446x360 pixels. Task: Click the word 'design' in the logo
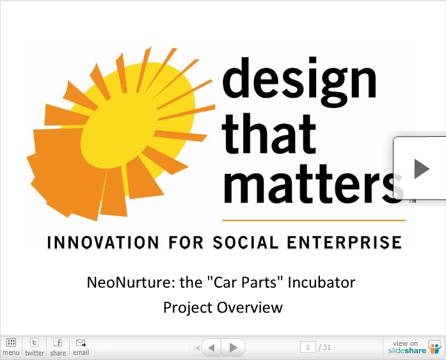(299, 82)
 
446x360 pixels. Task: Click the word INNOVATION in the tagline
(103, 242)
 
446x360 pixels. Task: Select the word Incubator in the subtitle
(321, 283)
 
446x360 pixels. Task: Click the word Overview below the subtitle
(250, 308)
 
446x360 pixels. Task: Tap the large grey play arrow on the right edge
(422, 169)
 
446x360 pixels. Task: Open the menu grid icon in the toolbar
(11, 342)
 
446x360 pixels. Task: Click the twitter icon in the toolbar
(35, 342)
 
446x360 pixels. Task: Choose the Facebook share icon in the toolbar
(58, 342)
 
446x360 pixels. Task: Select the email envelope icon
(81, 343)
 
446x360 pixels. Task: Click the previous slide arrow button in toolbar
(211, 347)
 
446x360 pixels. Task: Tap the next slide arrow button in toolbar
(234, 347)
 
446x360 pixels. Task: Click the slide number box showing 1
(308, 347)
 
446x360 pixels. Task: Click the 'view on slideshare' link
(415, 347)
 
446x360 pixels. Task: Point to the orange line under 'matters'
(314, 220)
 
